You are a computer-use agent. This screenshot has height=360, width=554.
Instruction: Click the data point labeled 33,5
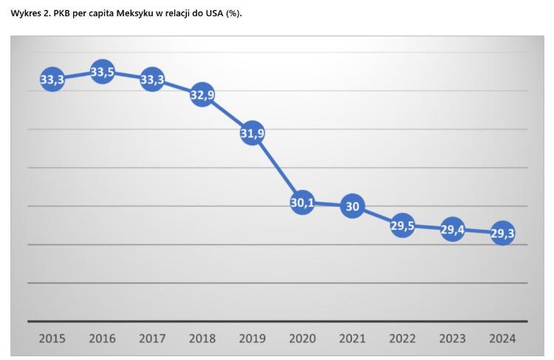(x=102, y=72)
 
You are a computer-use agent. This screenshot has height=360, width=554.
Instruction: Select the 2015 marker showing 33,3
(x=52, y=79)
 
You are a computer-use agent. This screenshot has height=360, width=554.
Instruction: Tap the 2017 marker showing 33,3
(x=152, y=79)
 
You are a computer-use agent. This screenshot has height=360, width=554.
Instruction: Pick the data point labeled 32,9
(x=202, y=95)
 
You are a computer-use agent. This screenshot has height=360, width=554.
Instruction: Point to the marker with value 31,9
(x=253, y=133)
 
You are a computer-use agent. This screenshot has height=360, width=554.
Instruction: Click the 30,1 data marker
(x=302, y=202)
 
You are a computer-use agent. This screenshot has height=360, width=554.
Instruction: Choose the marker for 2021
(x=352, y=206)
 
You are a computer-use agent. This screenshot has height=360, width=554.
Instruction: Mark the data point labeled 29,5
(x=403, y=225)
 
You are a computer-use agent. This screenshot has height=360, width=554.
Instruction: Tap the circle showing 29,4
(x=453, y=230)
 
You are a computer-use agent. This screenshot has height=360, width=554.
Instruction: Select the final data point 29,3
(x=502, y=234)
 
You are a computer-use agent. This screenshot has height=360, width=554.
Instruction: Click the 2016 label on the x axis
(x=102, y=339)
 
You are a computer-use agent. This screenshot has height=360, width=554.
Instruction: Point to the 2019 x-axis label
(x=253, y=339)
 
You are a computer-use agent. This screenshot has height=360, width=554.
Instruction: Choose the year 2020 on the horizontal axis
(x=302, y=339)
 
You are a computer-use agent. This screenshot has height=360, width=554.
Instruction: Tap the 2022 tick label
(x=403, y=339)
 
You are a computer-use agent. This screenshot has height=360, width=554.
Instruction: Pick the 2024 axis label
(x=502, y=339)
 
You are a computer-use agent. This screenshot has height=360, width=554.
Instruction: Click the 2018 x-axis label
(x=202, y=339)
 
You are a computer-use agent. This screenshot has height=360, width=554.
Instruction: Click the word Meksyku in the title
(x=134, y=13)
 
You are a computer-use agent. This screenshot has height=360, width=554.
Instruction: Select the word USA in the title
(x=214, y=13)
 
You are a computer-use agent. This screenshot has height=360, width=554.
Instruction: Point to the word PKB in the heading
(x=62, y=13)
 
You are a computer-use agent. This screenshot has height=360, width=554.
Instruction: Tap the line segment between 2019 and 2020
(x=278, y=168)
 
